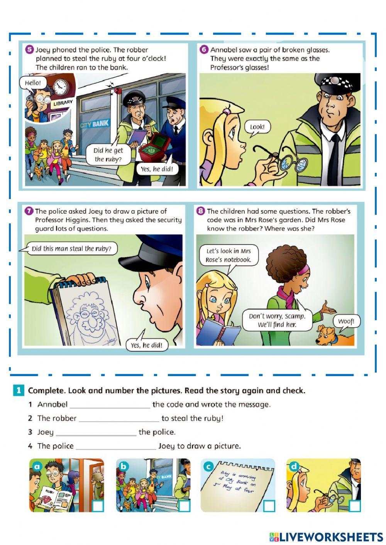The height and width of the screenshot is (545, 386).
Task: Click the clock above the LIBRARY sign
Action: pyautogui.click(x=60, y=87)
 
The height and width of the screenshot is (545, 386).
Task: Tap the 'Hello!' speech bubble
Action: pyautogui.click(x=32, y=83)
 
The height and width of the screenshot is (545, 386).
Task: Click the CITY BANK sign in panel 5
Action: pyautogui.click(x=95, y=124)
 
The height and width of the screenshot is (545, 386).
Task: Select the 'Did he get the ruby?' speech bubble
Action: pyautogui.click(x=108, y=155)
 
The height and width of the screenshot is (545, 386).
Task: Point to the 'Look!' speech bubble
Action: pyautogui.click(x=257, y=127)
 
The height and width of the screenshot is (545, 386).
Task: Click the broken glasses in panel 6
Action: pyautogui.click(x=293, y=162)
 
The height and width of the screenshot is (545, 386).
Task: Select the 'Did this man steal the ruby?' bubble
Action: pyautogui.click(x=71, y=249)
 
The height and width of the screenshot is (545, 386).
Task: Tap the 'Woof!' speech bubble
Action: pyautogui.click(x=346, y=321)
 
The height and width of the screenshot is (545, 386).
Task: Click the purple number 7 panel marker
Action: pyautogui.click(x=29, y=211)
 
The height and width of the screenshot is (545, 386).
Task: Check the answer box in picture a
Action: pyautogui.click(x=98, y=506)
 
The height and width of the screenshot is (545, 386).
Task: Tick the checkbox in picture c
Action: pyautogui.click(x=269, y=506)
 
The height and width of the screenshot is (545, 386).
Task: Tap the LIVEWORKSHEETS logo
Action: pyautogui.click(x=326, y=537)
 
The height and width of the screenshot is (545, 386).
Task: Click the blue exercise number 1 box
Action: pyautogui.click(x=19, y=390)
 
